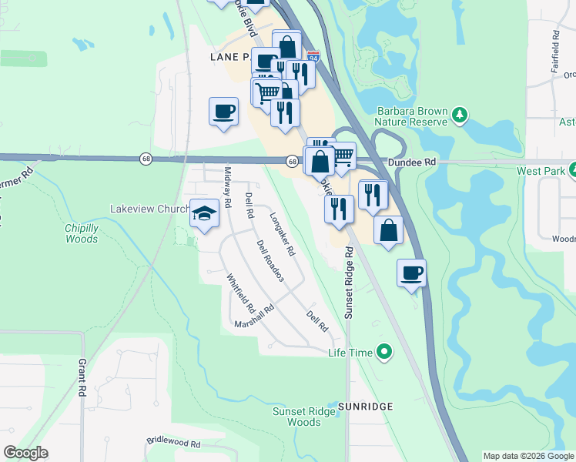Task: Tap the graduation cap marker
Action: pos(204,214)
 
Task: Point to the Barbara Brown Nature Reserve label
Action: pos(412,116)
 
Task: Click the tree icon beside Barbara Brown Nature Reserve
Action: pos(460,115)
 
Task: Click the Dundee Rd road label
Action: pos(413,162)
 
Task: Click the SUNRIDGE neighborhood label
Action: pos(365,406)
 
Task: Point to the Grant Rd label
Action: pos(82,377)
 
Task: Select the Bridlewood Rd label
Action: pos(173,444)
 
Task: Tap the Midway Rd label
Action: pos(227,188)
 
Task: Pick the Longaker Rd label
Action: pos(282,234)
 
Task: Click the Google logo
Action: pos(25,453)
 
